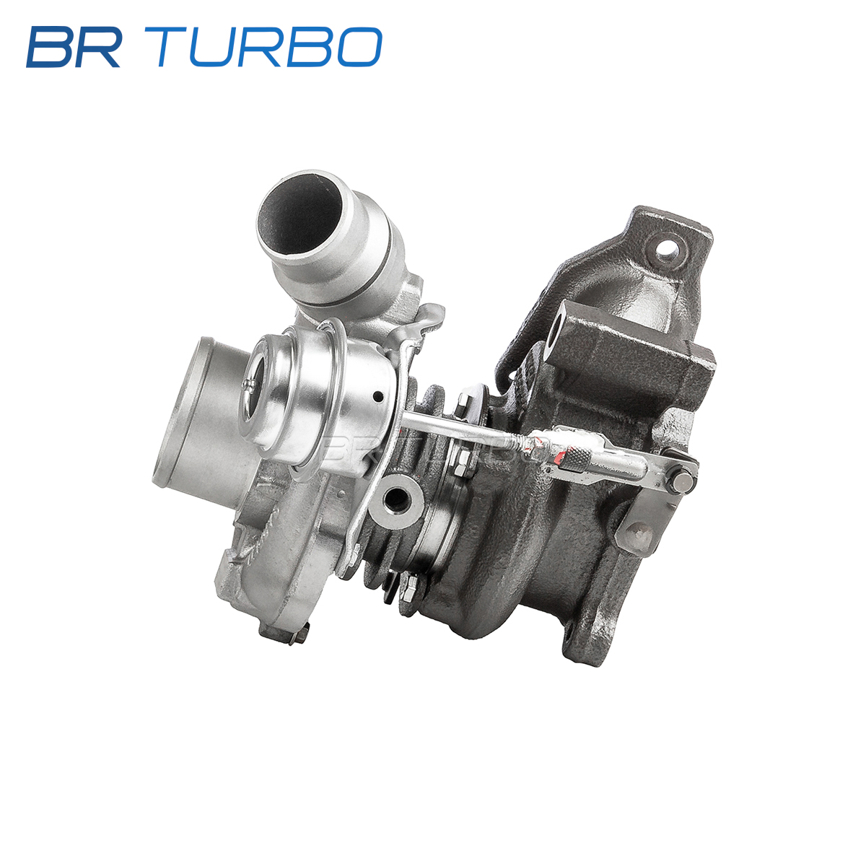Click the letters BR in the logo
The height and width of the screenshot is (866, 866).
74,47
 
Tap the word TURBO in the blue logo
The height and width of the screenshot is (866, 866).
269,47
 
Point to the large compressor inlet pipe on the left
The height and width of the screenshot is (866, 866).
202,413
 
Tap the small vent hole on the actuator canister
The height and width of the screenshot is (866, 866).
378,396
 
